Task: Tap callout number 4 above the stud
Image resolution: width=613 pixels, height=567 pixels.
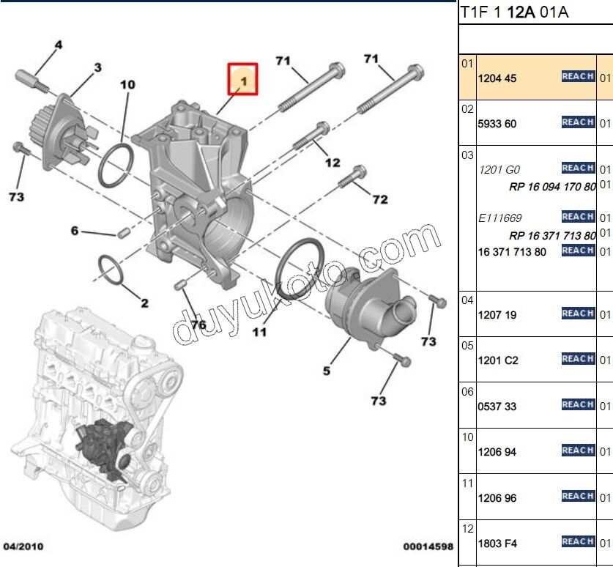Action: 59,45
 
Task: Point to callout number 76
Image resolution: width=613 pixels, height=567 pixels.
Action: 198,325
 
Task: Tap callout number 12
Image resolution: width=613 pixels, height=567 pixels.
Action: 332,163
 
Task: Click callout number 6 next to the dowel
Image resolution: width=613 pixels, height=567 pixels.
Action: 75,231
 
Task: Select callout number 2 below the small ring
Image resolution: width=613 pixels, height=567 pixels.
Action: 144,303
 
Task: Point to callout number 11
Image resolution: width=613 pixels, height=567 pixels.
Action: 260,332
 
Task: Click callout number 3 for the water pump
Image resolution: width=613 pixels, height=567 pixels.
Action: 97,68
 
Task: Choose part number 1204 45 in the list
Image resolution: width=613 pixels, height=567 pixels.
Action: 497,78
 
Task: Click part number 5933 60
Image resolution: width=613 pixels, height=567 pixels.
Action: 497,124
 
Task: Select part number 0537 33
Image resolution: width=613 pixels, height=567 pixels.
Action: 497,407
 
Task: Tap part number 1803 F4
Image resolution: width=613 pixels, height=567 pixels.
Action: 497,544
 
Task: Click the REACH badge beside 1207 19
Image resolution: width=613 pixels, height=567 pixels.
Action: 578,314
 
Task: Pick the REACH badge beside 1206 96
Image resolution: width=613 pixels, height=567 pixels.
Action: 578,497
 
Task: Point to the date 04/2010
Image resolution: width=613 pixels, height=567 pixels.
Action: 23,546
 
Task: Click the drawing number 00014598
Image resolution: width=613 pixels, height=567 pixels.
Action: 428,546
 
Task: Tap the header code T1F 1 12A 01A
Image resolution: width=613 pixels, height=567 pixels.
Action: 514,12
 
